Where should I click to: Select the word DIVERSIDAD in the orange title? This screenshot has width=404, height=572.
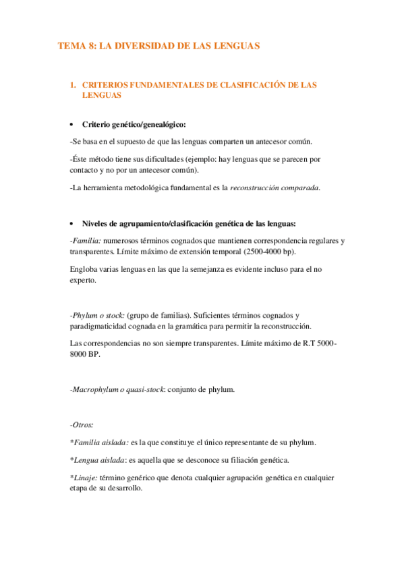144,46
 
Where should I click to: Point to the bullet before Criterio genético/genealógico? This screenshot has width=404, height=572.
71,125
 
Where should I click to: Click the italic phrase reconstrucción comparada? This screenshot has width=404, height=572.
275,188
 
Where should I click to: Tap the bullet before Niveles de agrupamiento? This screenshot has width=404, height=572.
71,224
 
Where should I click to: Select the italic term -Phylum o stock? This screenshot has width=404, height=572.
97,315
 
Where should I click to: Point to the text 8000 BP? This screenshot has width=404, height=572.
84,355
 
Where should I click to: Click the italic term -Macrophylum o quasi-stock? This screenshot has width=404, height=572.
117,390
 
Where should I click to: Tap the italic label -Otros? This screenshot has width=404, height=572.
82,425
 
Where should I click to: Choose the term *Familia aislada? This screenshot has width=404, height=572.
99,442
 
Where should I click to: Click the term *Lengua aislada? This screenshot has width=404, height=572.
97,460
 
